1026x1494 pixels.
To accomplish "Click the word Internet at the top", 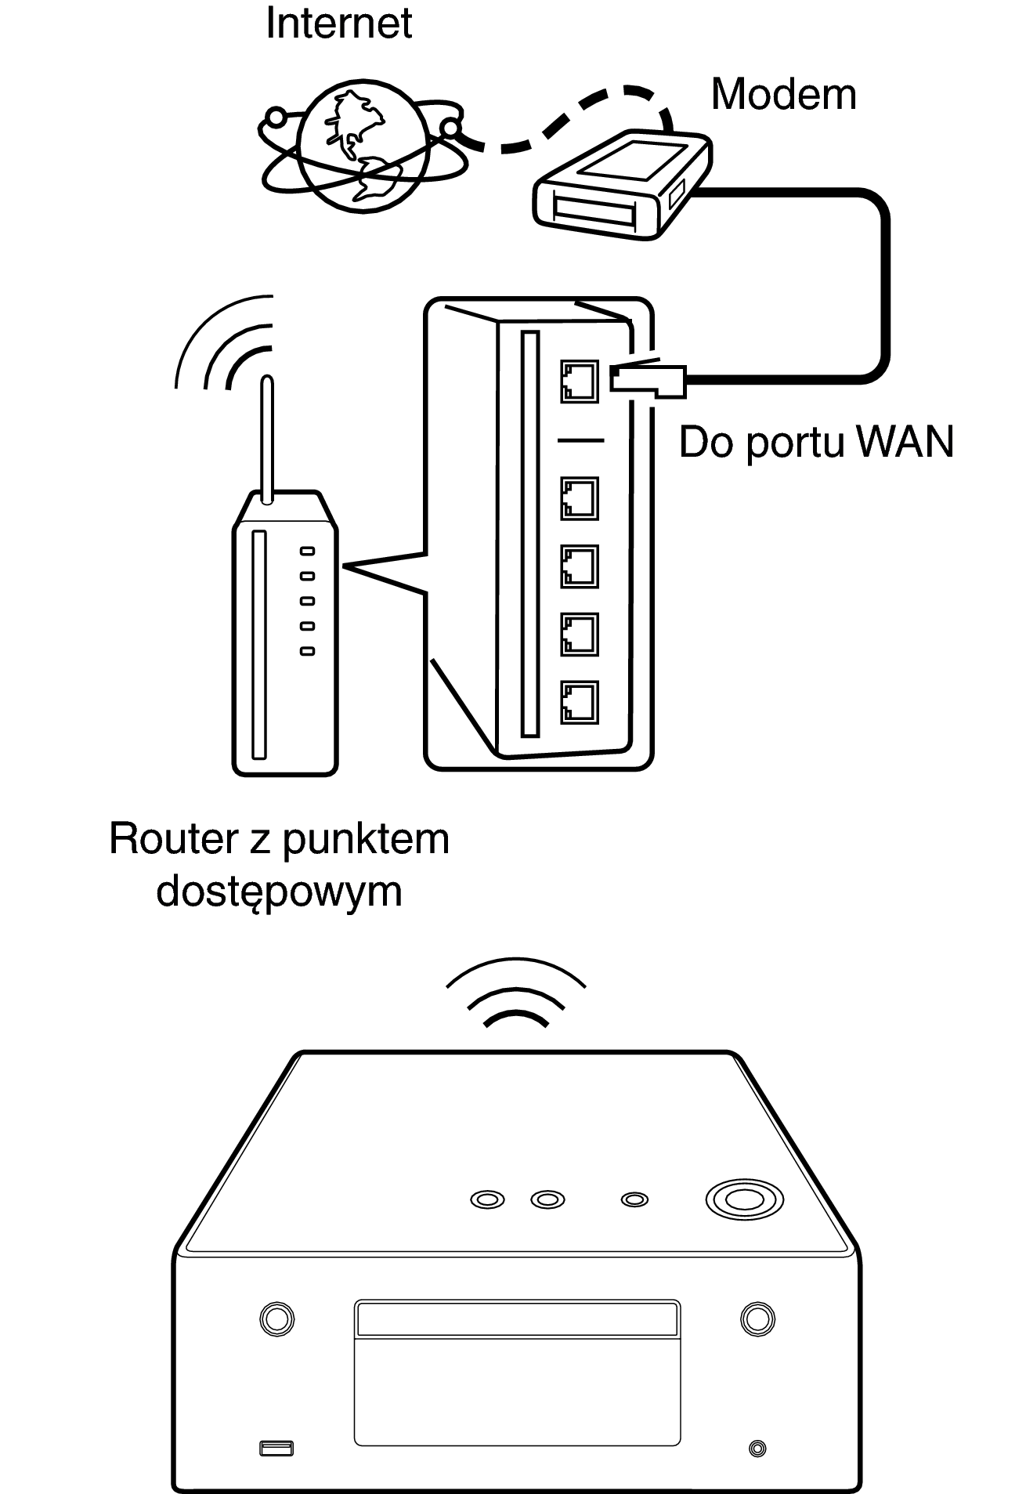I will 338,24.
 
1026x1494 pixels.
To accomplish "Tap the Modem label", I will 783,95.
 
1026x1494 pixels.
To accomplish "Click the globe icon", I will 363,149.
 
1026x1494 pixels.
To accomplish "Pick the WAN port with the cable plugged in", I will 580,381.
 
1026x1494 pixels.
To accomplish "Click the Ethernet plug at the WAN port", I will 647,379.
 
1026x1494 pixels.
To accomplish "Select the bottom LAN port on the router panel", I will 580,702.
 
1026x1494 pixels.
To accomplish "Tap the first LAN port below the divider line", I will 580,498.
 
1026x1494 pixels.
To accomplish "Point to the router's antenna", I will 266,439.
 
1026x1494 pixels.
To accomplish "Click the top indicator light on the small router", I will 308,551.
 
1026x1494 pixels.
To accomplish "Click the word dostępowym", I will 280,892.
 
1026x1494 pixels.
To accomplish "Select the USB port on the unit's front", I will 276,1448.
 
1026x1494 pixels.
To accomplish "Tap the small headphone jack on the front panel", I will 757,1449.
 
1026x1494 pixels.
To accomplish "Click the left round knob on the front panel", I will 276,1318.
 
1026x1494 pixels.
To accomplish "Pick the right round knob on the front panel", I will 757,1318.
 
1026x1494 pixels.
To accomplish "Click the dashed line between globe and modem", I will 561,125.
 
